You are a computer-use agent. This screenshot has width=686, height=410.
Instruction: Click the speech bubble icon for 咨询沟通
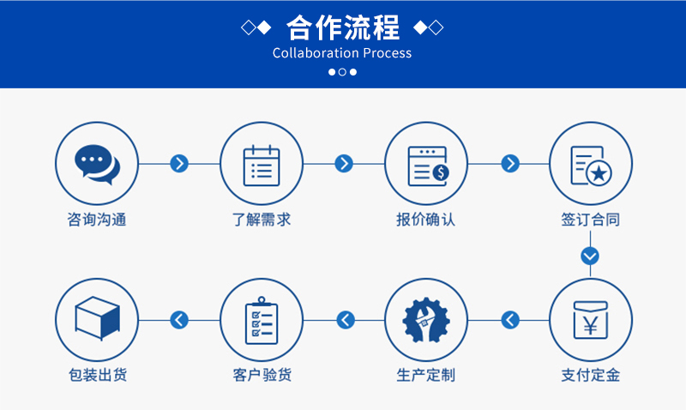(97, 165)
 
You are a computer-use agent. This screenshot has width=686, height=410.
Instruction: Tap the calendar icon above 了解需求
(262, 166)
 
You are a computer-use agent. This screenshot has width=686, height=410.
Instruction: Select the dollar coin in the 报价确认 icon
(441, 173)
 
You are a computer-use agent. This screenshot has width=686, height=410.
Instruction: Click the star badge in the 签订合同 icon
(599, 174)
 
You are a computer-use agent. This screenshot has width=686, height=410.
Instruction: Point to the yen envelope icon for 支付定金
(590, 320)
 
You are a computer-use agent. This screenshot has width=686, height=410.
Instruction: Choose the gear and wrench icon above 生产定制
(425, 320)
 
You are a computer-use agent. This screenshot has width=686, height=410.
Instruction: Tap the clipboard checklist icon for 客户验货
(262, 320)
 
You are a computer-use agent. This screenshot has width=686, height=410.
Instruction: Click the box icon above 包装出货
(97, 318)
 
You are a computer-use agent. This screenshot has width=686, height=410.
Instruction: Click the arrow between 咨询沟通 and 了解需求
(179, 164)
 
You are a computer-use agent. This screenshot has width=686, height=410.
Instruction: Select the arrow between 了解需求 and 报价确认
(344, 164)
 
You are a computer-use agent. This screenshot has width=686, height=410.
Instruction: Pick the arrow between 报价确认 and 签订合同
(510, 164)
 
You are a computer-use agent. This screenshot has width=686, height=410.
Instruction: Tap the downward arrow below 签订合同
(590, 256)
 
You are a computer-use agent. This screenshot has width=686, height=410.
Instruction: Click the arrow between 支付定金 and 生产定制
(510, 320)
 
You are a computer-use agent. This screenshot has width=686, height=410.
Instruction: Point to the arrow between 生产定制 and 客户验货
(346, 320)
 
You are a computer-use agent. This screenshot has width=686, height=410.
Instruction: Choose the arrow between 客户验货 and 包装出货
(179, 320)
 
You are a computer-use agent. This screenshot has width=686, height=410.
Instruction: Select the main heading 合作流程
(342, 27)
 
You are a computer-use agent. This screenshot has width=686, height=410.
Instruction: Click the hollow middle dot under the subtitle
(342, 72)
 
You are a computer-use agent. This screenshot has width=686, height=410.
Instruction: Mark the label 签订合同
(590, 220)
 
